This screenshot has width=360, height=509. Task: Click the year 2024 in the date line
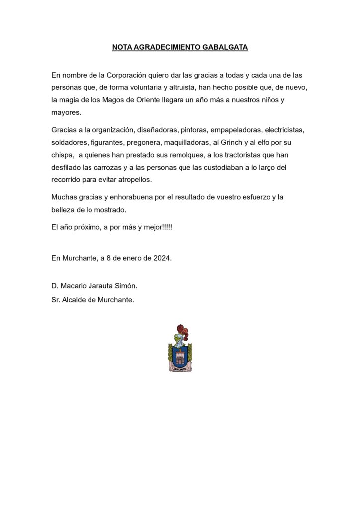point(163,258)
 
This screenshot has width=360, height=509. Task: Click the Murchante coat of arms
point(180,348)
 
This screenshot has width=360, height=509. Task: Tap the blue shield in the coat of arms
point(180,356)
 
